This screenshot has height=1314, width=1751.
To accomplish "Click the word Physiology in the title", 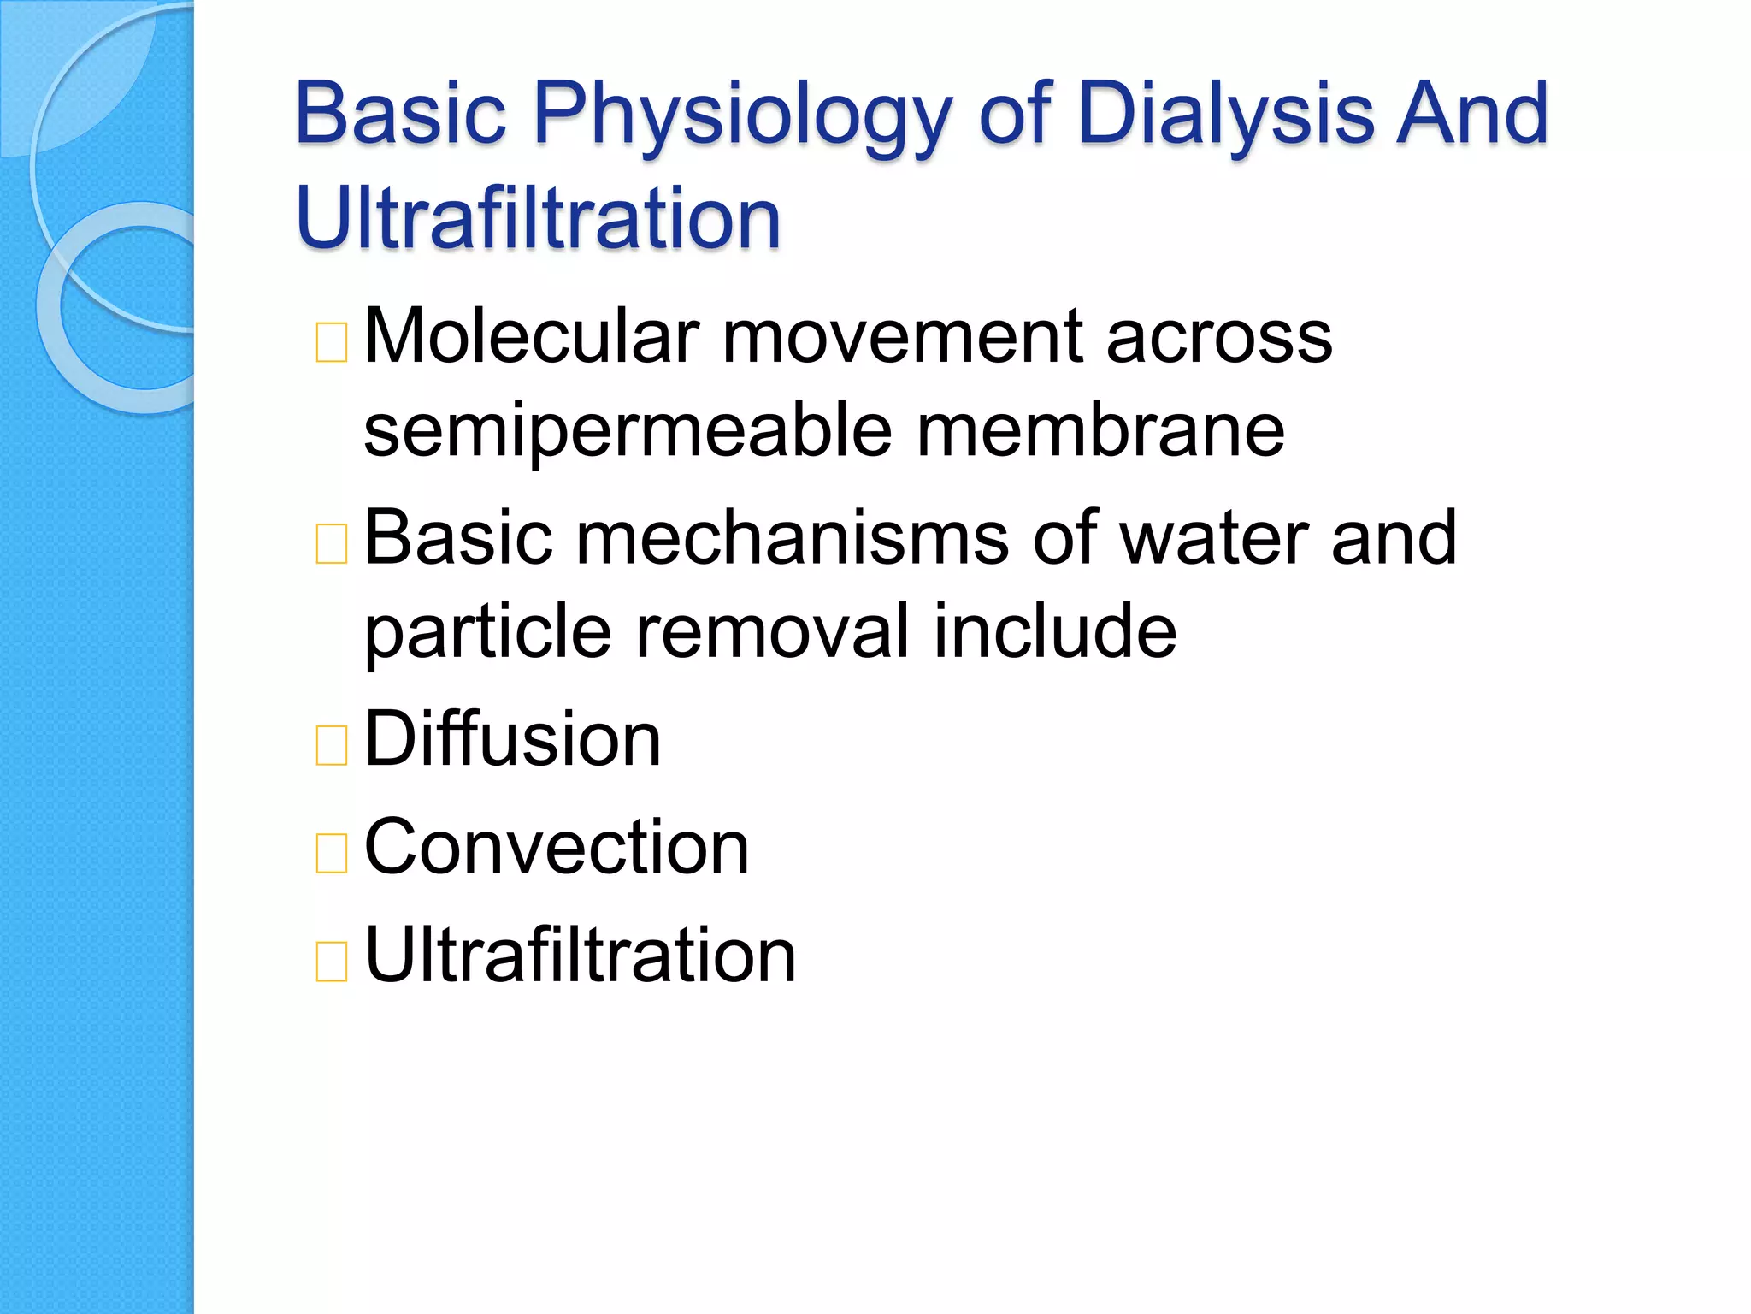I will (742, 115).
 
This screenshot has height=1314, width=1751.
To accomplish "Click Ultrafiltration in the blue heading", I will (538, 219).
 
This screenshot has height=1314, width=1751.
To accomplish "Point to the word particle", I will (488, 633).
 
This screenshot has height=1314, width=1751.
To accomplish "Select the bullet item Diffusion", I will (512, 739).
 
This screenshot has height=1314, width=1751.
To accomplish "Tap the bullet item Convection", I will (557, 847).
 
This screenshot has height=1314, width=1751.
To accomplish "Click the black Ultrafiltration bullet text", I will (580, 955).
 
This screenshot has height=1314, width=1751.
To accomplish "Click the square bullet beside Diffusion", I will (332, 744).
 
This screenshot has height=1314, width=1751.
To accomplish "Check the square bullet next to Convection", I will (332, 853).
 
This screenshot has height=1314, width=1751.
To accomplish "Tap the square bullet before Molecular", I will (332, 342).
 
